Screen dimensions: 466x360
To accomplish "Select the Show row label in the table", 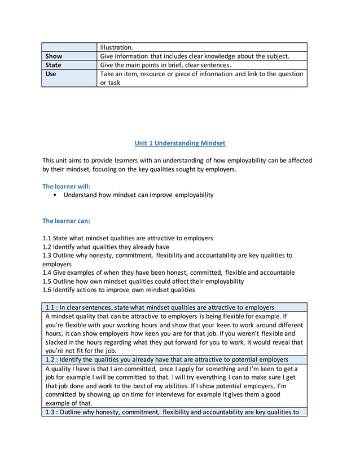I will (54, 56).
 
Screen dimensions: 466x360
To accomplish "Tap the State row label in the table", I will (54, 65).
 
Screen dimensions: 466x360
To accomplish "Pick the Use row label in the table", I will (51, 74).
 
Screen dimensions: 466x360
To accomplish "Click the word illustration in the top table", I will (116, 47).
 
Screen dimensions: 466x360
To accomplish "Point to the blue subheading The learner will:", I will (66, 186).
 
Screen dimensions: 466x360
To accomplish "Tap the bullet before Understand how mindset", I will (54, 195).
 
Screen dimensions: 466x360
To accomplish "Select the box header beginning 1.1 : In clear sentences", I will (159, 307).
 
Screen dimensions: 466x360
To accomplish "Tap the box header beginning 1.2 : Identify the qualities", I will (166, 359).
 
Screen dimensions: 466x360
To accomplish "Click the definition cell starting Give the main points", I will (165, 65).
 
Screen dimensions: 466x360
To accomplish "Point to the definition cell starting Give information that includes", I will (194, 56).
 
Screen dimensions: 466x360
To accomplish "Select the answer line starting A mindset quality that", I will (165, 316).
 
